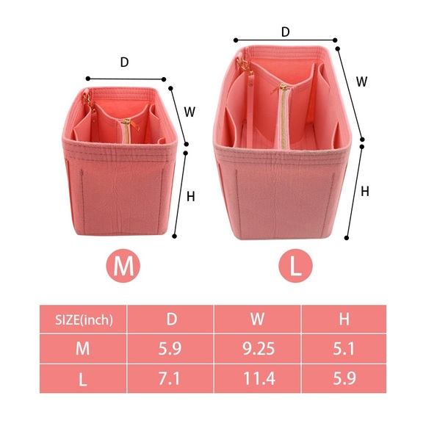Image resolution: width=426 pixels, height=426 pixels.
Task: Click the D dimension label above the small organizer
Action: tap(124, 62)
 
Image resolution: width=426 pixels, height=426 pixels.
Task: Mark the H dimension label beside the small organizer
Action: tap(190, 196)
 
